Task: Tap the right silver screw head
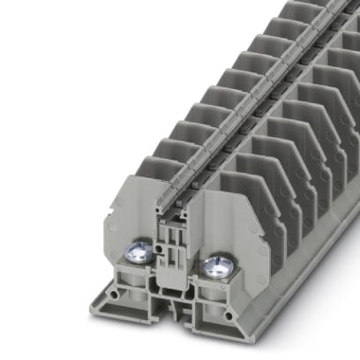pos(214,265)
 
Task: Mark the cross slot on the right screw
pos(214,264)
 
